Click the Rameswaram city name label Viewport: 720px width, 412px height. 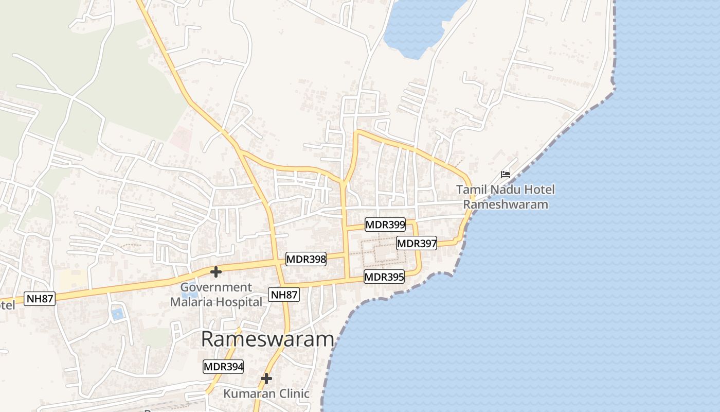pos(267,339)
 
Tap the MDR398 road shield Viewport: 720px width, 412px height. pos(306,259)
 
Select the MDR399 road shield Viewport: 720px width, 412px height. pos(385,225)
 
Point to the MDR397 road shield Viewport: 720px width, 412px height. pos(417,243)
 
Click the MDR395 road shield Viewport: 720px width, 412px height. pos(384,277)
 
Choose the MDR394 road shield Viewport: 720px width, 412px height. pos(223,367)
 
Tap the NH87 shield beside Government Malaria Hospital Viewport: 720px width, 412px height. pos(284,295)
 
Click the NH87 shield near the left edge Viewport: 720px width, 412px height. pos(40,299)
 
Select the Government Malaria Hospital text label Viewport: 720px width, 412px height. pos(216,295)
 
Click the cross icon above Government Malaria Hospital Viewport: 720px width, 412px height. pos(216,271)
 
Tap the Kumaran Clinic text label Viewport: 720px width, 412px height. pos(266,394)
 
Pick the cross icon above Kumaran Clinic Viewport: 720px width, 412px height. pos(266,379)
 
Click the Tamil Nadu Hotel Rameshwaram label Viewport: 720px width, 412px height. pos(506,197)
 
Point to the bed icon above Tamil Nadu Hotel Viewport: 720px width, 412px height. pos(506,175)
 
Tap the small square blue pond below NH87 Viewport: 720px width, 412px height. pos(118,314)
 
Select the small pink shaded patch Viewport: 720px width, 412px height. pos(181,137)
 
